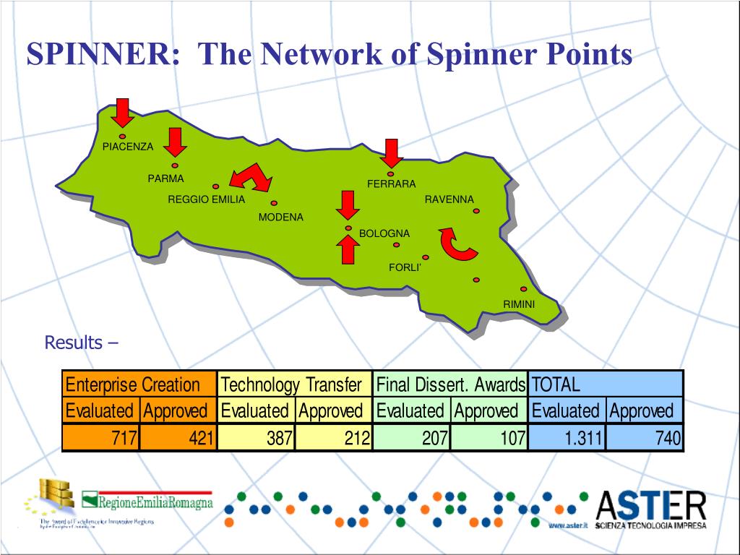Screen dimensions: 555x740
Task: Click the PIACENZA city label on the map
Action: coord(128,147)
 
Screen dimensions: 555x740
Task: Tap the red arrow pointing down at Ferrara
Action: coord(392,152)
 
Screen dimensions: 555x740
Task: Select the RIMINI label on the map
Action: coord(519,304)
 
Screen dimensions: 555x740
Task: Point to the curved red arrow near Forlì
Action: coord(457,244)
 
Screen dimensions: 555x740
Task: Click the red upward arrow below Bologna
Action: coord(348,249)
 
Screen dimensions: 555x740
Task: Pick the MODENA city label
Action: coord(281,217)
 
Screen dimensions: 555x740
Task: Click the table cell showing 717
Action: coord(100,438)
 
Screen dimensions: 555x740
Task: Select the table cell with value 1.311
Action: coord(567,438)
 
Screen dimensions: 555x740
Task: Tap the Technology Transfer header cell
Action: coord(293,384)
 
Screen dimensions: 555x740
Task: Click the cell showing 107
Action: coord(489,438)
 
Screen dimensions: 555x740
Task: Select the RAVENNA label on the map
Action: coord(449,199)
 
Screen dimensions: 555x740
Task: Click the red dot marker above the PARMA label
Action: coord(175,165)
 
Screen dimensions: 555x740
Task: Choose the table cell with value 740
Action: coord(645,438)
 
